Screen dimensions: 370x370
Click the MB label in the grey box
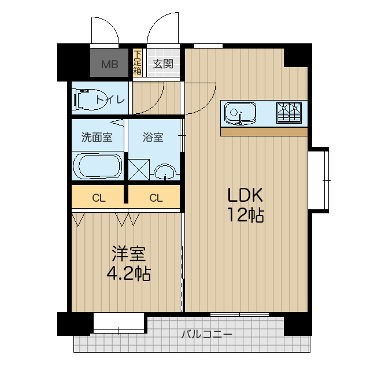pos(110,64)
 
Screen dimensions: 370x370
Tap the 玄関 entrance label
pos(163,64)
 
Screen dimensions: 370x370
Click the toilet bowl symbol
pos(87,99)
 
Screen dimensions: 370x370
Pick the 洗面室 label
pos(96,138)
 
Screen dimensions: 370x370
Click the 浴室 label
pos(153,138)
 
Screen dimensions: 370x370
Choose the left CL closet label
pos(99,198)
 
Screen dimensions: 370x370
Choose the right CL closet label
pos(156,198)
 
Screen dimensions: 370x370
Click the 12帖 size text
pos(245,215)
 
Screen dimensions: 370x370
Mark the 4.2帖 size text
pos(128,273)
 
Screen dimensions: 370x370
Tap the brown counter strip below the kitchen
pos(264,132)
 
